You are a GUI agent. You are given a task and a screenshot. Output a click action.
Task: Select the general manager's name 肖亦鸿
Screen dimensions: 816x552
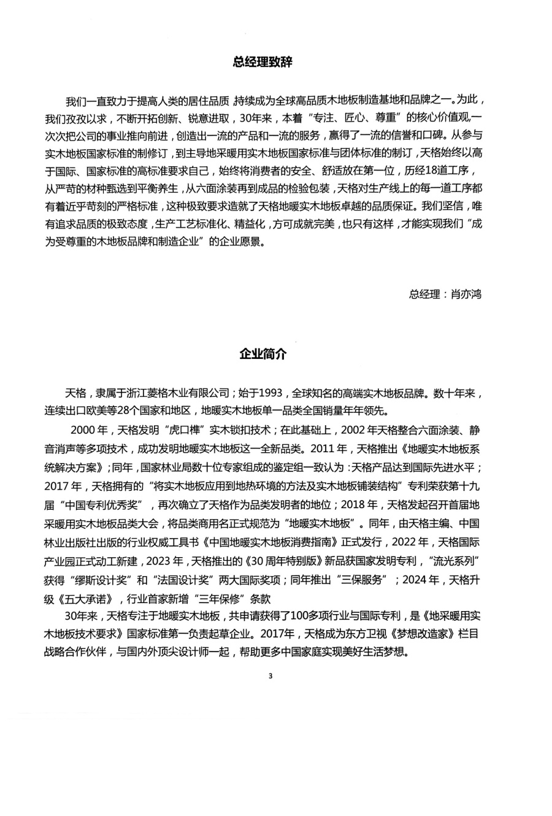click(x=466, y=294)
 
